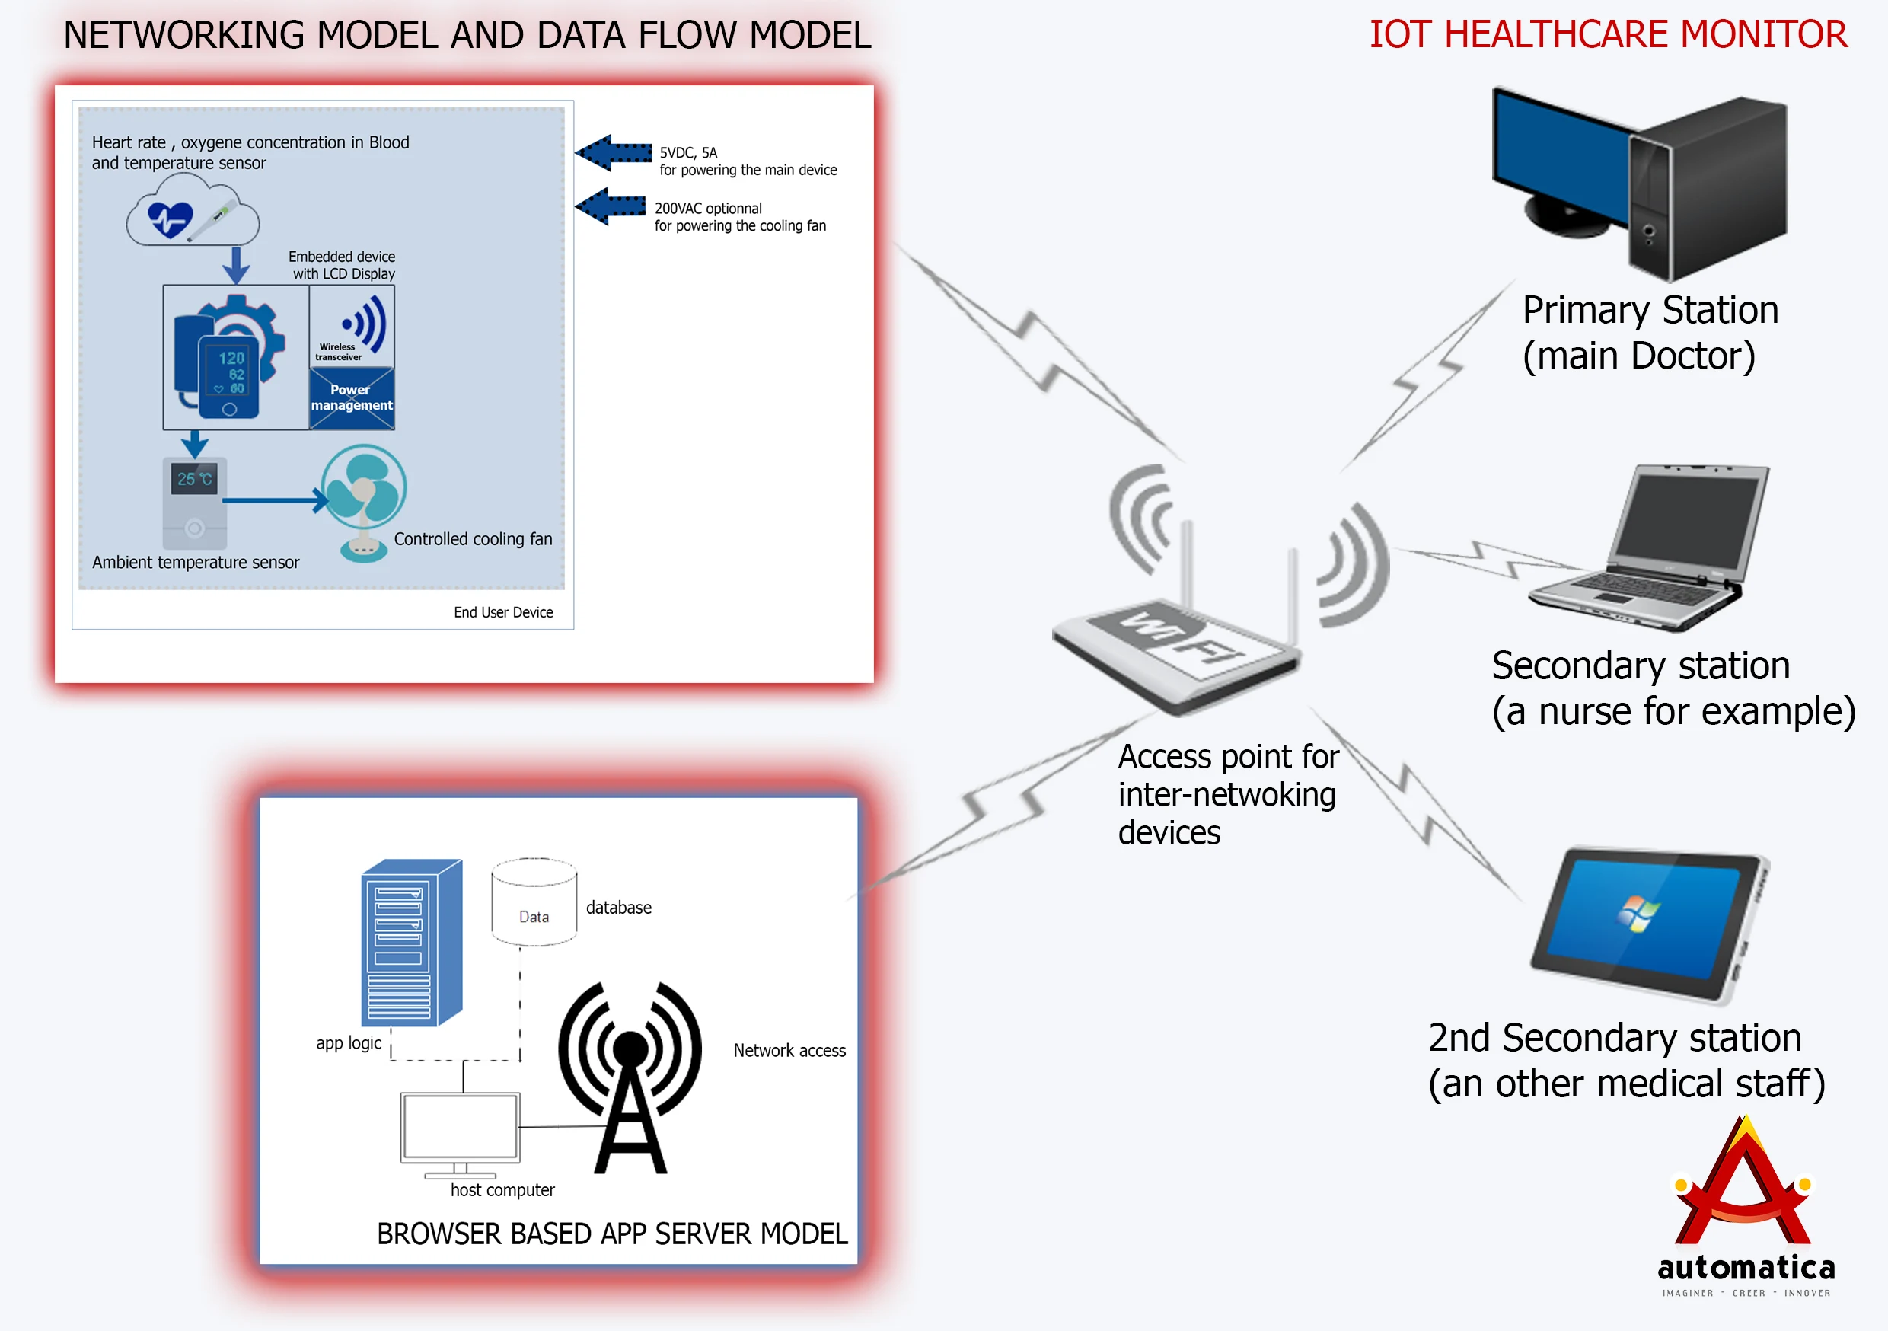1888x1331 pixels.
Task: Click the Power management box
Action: (352, 398)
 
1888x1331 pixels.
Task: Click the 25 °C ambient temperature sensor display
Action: (195, 479)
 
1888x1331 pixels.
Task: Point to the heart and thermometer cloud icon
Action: (193, 217)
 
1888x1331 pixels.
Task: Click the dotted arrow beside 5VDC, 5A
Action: (614, 153)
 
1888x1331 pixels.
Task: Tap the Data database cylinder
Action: (534, 902)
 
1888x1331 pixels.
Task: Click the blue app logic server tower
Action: (411, 942)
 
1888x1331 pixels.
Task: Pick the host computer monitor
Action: (460, 1127)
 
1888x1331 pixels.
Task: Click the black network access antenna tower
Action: (630, 1077)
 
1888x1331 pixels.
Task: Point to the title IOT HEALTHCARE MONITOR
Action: (1608, 34)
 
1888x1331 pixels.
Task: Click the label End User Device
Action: (503, 612)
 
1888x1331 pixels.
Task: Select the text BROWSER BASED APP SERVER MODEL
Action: (612, 1234)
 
